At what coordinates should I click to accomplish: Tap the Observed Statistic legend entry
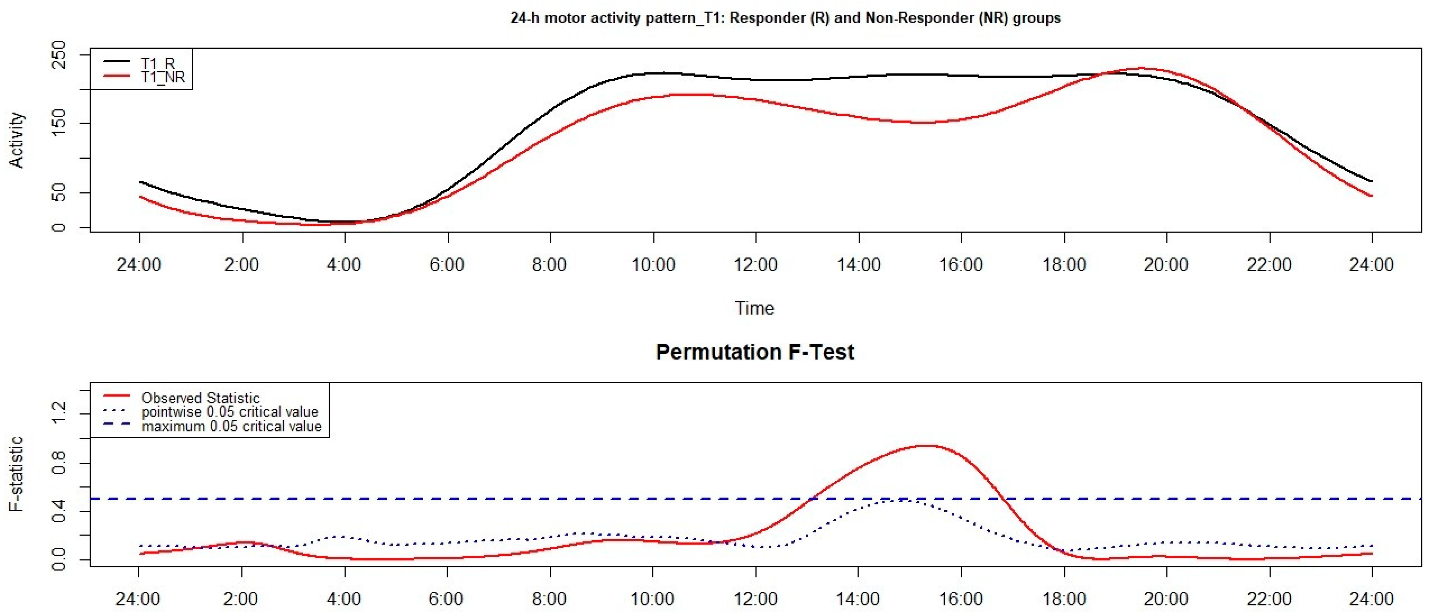[200, 398]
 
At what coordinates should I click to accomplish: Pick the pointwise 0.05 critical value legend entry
[229, 412]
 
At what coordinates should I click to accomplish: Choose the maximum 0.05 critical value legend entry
[231, 426]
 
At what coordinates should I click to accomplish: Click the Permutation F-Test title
[755, 352]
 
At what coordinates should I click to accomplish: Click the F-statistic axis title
[17, 474]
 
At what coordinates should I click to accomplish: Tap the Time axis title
[755, 308]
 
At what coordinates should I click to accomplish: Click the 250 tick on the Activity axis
[58, 54]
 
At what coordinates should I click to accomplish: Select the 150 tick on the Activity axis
[58, 123]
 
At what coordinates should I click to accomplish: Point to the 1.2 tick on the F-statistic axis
[58, 414]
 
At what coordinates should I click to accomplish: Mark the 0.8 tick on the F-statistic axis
[58, 463]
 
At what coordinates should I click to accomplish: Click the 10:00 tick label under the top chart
[653, 264]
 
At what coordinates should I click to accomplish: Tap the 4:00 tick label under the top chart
[344, 264]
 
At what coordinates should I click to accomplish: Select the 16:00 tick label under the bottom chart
[961, 599]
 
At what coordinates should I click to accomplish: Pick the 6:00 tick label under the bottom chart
[447, 599]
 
